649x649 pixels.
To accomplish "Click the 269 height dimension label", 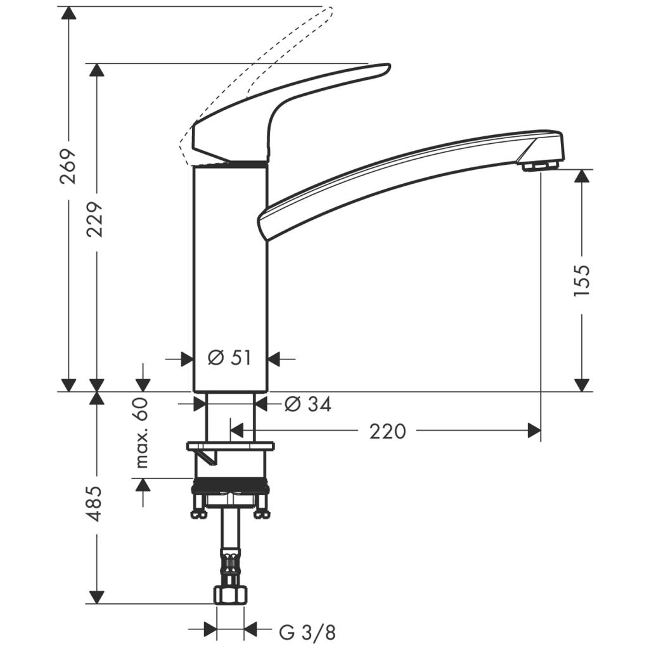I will tap(68, 166).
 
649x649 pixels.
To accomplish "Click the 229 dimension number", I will tap(96, 219).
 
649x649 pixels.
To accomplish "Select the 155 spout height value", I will tap(582, 280).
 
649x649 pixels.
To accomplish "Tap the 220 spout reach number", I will tap(387, 432).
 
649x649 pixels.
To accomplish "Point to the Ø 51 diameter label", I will tap(230, 358).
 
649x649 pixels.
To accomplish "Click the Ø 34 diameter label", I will tap(307, 404).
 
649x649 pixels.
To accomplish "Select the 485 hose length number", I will tap(94, 503).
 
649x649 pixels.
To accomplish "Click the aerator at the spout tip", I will tap(538, 166).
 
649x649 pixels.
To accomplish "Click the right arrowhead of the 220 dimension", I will tap(534, 432).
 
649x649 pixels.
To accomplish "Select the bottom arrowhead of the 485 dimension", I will tap(96, 597).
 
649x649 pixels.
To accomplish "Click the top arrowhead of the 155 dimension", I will tap(582, 176).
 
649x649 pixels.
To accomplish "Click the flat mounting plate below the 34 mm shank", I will tap(230, 446).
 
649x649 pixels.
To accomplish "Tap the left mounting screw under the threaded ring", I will tap(199, 510).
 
